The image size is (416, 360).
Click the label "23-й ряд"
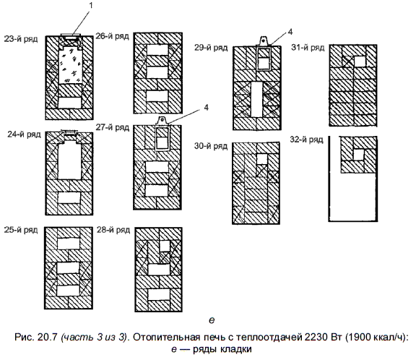(21, 39)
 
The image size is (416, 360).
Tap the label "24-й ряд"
(24, 134)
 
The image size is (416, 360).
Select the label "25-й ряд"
(21, 230)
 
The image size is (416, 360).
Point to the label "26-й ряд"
(113, 36)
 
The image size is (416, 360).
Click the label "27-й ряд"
(113, 127)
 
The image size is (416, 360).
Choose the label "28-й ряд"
(113, 230)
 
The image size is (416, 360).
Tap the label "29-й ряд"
(211, 48)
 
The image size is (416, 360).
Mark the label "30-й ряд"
(211, 146)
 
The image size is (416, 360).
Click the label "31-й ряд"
(308, 48)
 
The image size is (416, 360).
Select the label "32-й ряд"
(307, 140)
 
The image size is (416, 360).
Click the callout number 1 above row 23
(91, 6)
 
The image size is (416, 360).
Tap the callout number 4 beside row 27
(206, 107)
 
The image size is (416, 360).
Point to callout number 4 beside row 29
(290, 32)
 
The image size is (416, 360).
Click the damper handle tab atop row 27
(162, 121)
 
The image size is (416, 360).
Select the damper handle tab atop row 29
(263, 40)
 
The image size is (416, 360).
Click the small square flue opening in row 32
(358, 155)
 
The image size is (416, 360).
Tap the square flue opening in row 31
(360, 61)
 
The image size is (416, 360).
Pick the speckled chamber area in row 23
(70, 65)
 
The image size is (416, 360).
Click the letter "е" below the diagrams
(212, 320)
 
